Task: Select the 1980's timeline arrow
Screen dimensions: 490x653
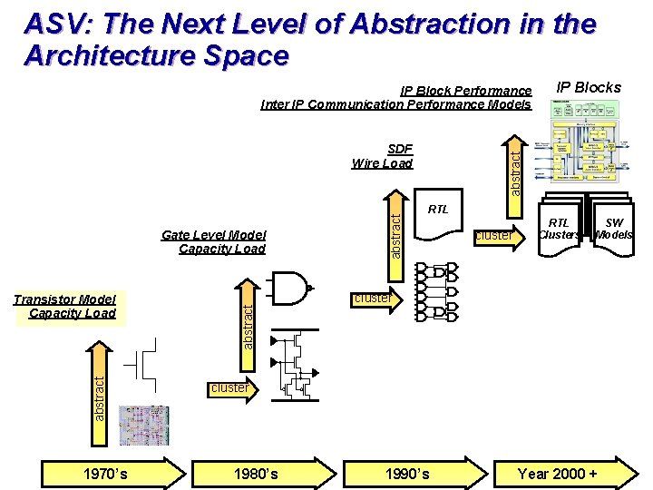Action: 259,473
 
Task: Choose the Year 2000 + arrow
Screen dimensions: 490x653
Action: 562,473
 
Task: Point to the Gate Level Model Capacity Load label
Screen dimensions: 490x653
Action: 214,241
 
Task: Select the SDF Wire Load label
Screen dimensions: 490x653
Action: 382,156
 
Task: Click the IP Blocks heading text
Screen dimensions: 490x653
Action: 588,87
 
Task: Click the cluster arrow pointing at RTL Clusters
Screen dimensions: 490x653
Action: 497,236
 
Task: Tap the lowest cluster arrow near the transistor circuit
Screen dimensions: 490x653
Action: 232,388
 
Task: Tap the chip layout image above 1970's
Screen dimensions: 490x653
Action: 144,426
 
